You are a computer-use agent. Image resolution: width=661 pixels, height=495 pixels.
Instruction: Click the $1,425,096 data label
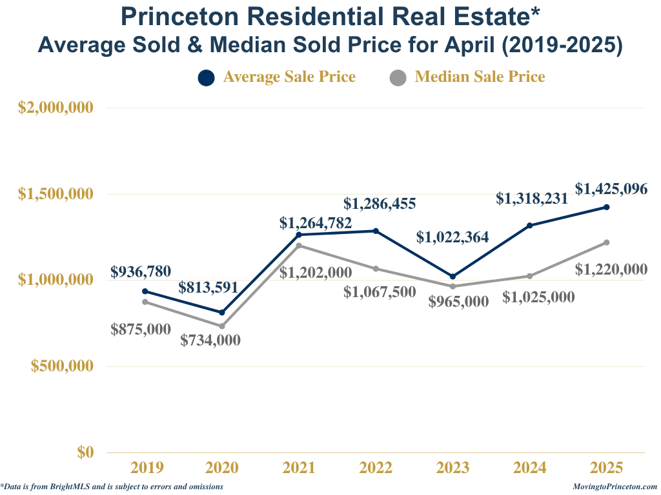(611, 189)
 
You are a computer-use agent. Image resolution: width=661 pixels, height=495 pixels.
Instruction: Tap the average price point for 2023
(453, 277)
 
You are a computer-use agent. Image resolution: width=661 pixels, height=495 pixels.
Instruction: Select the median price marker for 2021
(299, 246)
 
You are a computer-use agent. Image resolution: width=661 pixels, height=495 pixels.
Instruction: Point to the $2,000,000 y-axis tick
(56, 108)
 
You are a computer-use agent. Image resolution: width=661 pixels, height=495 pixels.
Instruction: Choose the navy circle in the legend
(206, 77)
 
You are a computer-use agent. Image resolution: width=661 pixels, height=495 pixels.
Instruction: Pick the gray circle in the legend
(398, 77)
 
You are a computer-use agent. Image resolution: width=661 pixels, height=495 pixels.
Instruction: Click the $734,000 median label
(210, 340)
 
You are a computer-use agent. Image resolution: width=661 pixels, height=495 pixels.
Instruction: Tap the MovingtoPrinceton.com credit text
(615, 487)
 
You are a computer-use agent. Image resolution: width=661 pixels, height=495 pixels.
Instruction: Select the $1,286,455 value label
(380, 204)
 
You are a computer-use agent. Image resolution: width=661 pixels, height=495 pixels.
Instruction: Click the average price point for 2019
(145, 291)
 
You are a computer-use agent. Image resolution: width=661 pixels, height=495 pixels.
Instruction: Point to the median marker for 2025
(607, 242)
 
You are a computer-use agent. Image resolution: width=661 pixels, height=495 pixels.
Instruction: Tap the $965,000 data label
(459, 301)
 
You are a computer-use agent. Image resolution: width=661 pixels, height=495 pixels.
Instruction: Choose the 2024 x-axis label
(529, 467)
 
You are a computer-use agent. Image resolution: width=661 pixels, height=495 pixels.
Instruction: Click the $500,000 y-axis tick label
(63, 366)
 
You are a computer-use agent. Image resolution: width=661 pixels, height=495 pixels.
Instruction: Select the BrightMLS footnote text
(112, 487)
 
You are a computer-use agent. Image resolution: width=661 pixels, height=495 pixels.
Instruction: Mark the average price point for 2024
(529, 226)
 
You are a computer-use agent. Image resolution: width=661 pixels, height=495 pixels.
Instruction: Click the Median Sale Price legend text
(480, 77)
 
